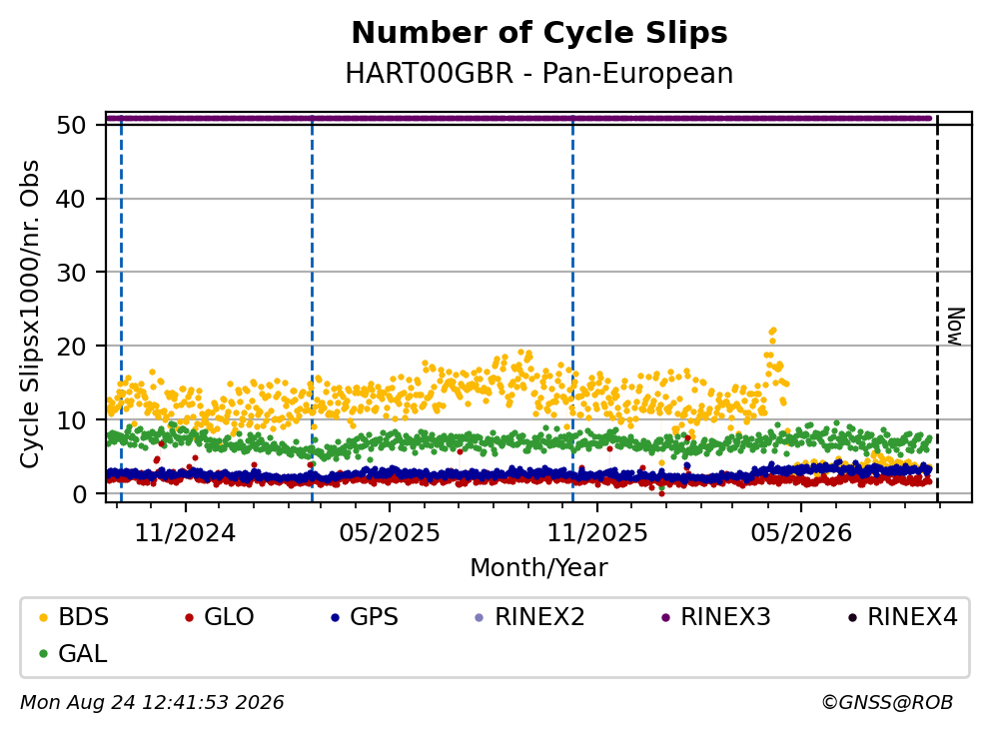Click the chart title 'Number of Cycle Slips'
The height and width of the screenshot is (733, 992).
point(539,33)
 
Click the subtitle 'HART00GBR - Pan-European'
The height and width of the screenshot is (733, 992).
point(539,73)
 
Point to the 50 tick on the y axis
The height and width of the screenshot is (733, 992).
point(71,125)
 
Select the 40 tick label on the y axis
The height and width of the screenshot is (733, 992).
point(71,199)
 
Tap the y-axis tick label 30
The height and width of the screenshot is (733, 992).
point(71,273)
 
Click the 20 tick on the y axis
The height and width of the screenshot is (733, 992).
point(71,347)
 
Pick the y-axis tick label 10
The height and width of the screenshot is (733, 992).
point(71,420)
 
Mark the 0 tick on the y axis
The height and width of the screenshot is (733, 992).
point(79,494)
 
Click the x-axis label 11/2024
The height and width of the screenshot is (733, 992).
point(185,533)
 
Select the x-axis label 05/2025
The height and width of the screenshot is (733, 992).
point(389,533)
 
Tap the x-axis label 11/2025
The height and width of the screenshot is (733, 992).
point(597,533)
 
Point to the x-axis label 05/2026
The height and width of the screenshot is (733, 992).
point(801,533)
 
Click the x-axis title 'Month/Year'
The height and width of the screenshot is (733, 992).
point(538,568)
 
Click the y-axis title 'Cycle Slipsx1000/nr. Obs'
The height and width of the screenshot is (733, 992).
point(29,314)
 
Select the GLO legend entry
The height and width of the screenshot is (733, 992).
point(219,616)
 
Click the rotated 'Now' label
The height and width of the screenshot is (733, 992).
point(955,327)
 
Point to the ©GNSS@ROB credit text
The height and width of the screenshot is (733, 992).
point(887,702)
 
